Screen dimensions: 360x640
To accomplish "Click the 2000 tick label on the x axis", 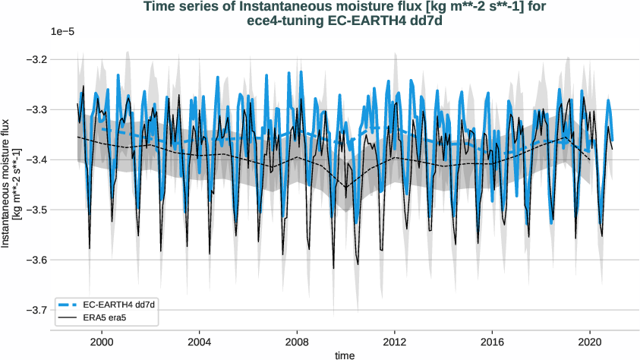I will tap(102, 343).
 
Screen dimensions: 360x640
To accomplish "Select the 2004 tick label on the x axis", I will tap(200, 343).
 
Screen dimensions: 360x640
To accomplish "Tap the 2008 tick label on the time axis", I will tap(297, 343).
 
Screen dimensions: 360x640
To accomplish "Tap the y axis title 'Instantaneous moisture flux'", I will tap(7, 182).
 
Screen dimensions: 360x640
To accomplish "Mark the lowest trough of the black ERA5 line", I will tap(333, 268).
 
